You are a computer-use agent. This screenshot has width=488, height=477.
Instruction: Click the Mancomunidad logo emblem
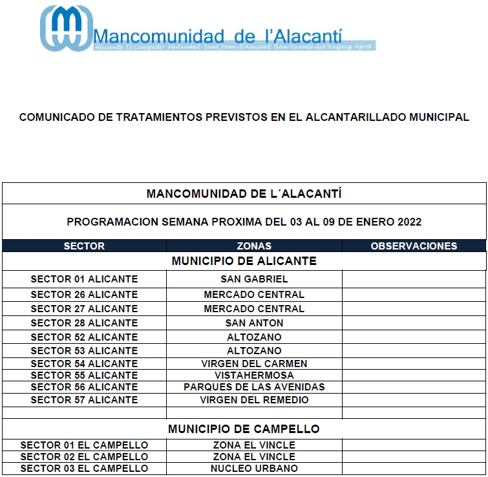coord(65,29)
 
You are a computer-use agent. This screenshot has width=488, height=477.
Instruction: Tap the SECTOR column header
coord(84,246)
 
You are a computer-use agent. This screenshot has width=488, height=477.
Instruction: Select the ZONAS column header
coord(254,246)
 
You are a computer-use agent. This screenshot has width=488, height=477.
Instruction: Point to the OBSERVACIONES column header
coord(414,246)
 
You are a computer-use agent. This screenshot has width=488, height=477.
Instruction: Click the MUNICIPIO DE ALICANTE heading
coord(244,261)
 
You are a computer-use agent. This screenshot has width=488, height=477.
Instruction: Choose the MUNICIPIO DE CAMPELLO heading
coord(244,429)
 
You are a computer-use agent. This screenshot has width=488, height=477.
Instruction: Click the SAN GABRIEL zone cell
coord(254,279)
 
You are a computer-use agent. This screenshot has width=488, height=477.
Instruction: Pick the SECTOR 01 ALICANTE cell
coord(84,279)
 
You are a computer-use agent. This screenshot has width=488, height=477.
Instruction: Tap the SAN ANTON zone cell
coord(254,323)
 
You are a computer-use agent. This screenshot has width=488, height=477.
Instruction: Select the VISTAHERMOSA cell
coord(254,376)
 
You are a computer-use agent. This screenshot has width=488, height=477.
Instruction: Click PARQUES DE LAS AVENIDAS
coord(254,387)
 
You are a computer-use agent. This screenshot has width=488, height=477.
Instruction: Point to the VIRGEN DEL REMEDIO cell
coord(254,400)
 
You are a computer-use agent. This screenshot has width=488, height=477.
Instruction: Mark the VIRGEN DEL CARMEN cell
coord(254,364)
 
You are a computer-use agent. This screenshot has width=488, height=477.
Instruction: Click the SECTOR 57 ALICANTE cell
coord(84,400)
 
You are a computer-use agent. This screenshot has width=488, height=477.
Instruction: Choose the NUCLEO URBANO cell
coord(254,469)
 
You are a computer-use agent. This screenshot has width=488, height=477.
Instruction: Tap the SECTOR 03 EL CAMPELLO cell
coord(84,469)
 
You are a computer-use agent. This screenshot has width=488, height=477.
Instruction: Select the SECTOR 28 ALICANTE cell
coord(84,323)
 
